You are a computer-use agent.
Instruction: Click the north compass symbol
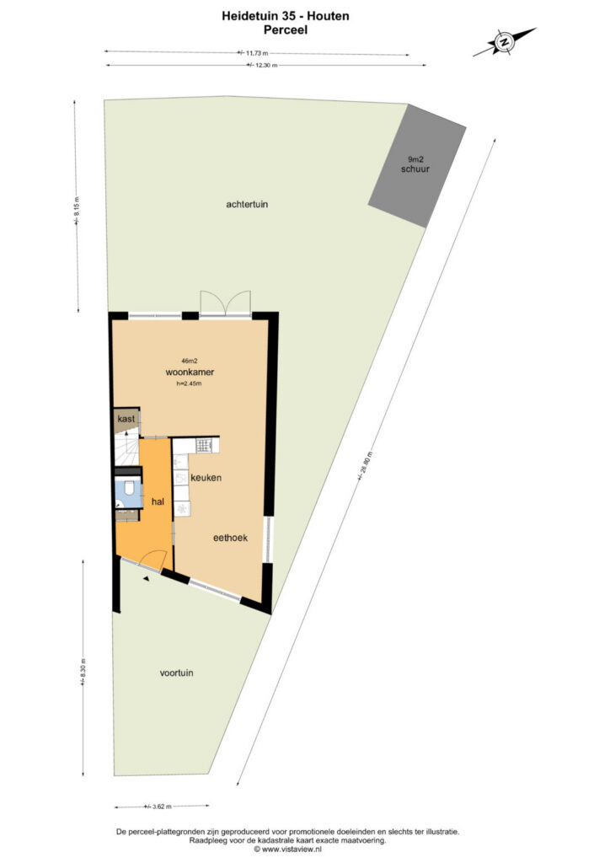(x=504, y=42)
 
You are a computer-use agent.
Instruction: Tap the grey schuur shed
(x=417, y=166)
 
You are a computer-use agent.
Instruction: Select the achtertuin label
(x=247, y=204)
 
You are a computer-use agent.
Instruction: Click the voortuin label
(x=176, y=673)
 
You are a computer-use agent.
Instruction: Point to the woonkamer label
(x=190, y=372)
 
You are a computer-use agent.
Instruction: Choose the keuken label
(x=206, y=478)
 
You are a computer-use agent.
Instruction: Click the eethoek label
(x=231, y=538)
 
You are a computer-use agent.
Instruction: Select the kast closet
(x=126, y=420)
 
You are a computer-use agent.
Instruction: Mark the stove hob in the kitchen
(x=204, y=445)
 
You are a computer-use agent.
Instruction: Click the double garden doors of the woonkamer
(x=225, y=303)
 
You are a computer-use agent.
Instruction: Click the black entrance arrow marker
(x=147, y=578)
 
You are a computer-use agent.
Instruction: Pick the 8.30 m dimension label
(x=83, y=672)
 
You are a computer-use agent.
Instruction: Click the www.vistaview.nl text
(x=287, y=850)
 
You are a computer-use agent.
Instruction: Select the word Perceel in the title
(x=286, y=29)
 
